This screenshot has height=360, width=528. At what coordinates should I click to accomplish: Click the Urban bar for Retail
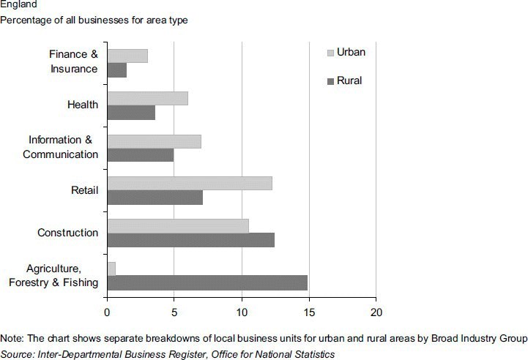click(x=190, y=184)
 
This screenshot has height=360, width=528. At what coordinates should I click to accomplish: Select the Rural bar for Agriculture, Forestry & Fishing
click(x=207, y=282)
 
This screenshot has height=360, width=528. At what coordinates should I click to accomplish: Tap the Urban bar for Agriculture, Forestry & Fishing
click(x=111, y=269)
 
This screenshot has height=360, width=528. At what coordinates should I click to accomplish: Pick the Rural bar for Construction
click(x=190, y=240)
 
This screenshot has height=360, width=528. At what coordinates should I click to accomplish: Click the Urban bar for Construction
click(x=178, y=226)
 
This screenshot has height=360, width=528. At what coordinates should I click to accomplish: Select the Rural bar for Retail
click(x=155, y=198)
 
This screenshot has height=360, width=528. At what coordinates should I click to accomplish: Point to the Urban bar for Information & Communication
click(x=154, y=141)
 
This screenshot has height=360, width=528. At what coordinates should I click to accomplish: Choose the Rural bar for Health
click(x=131, y=113)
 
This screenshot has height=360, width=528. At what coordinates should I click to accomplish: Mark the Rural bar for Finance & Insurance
click(x=117, y=70)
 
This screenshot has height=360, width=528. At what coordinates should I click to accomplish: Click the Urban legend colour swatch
click(x=330, y=53)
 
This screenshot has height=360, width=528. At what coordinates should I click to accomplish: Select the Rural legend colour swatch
click(x=330, y=80)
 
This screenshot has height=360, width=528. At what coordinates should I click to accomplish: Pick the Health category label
click(x=82, y=105)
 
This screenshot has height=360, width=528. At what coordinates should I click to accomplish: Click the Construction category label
click(x=67, y=233)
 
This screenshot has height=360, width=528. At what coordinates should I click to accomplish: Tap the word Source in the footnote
click(x=17, y=354)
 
